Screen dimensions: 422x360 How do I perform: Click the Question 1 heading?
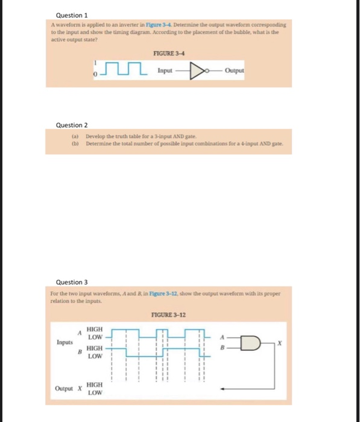tap(72, 14)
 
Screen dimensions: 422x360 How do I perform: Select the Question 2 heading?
tap(72, 125)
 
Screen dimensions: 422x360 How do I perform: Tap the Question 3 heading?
tap(72, 282)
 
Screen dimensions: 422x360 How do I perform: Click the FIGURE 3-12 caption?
tap(169, 315)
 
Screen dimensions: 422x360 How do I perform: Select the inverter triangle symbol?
tap(196, 71)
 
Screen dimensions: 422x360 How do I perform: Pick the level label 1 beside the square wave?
tap(94, 61)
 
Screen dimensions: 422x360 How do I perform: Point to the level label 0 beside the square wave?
tap(94, 75)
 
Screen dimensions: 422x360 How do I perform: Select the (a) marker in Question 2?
tap(75, 138)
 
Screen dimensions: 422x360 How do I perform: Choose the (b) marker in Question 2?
tap(75, 144)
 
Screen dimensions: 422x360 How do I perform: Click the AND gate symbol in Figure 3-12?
tap(247, 343)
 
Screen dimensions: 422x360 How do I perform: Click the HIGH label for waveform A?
tap(95, 329)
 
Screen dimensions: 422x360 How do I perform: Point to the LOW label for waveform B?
tap(95, 356)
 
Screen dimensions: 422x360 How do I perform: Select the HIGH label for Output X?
tap(95, 384)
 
